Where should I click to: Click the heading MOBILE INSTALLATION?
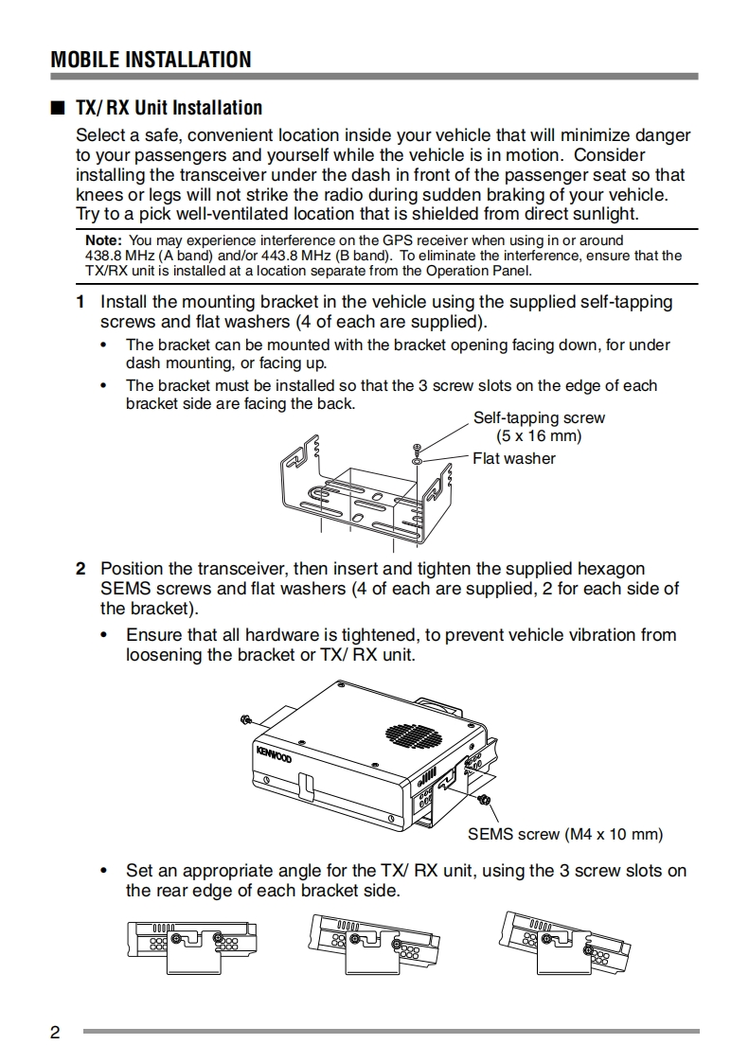pos(152,60)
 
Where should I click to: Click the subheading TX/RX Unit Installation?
pos(169,108)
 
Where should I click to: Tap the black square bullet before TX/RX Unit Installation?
pos(57,108)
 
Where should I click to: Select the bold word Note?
pos(103,240)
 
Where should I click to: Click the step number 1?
pos(81,302)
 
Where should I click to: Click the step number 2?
pos(81,569)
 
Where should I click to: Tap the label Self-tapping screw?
pos(539,418)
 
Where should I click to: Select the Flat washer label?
pos(514,459)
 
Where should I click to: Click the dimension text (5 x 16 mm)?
pos(539,436)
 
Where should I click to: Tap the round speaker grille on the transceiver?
pos(412,734)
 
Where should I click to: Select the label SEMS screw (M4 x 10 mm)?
pos(565,835)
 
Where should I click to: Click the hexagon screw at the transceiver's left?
pos(245,719)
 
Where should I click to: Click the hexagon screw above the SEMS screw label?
pos(485,802)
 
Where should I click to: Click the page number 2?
pos(55,1032)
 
